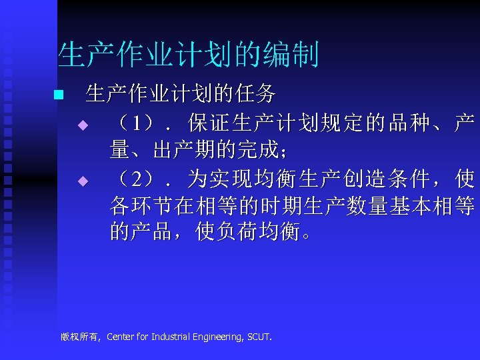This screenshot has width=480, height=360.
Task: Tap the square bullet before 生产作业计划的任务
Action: click(58, 95)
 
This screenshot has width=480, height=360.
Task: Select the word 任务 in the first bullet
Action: click(260, 95)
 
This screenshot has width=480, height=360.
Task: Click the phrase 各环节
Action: click(141, 206)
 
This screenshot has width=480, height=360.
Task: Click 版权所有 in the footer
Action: click(79, 337)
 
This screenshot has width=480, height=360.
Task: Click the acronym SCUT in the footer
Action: click(259, 337)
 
